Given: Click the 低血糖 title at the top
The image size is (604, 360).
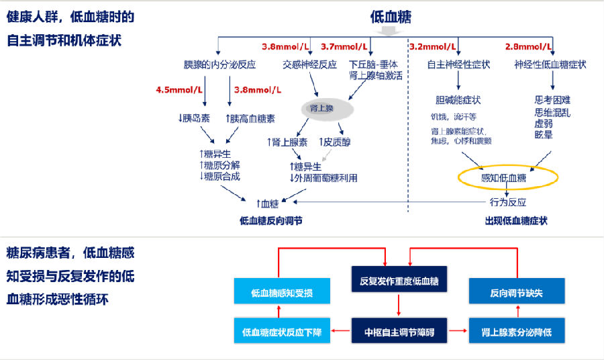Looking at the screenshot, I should (x=390, y=17).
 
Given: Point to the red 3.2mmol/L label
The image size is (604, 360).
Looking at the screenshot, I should (x=432, y=47).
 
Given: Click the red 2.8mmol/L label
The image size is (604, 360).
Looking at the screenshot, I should (x=527, y=47).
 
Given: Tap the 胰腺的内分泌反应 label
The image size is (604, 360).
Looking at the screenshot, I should (x=220, y=64).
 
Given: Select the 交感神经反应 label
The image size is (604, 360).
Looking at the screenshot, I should (x=309, y=64).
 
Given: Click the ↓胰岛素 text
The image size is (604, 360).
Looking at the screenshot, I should (x=194, y=118).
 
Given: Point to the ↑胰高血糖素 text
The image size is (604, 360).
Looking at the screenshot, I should (x=250, y=118).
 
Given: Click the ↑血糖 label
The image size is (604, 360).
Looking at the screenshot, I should (x=267, y=202).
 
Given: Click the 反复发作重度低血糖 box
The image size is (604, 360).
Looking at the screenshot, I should (x=399, y=280).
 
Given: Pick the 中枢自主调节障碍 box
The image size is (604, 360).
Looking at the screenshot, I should (x=399, y=331).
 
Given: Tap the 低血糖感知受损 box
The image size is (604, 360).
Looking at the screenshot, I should (x=282, y=293).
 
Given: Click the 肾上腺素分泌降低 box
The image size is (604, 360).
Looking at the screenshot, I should (x=516, y=331).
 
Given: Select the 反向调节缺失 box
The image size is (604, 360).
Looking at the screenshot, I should (x=516, y=293).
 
